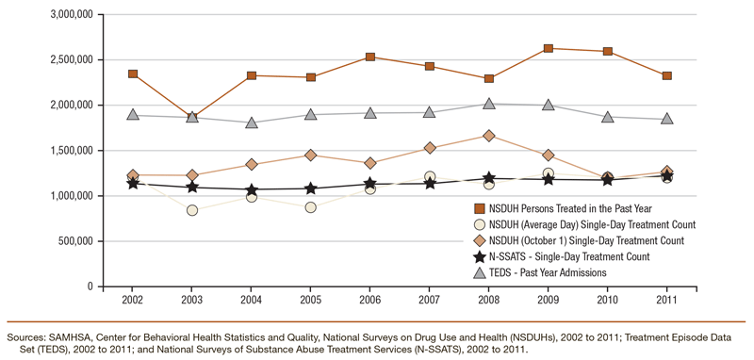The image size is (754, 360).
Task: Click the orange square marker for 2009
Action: [x=548, y=48]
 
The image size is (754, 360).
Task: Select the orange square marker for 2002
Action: [x=134, y=74]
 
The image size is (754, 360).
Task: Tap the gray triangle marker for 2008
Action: [x=489, y=104]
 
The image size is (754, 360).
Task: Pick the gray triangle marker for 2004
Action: [x=252, y=123]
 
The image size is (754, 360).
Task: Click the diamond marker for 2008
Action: [x=489, y=136]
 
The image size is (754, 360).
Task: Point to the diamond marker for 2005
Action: [x=311, y=155]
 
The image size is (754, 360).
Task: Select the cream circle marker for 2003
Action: [x=192, y=210]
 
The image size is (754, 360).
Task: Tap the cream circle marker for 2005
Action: [x=311, y=206]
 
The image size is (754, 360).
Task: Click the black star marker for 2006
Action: [x=370, y=184]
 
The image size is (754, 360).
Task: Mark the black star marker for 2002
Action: [x=134, y=182]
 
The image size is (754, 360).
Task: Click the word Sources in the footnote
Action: [x=27, y=335]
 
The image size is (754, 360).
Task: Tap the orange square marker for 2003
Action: [x=192, y=117]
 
